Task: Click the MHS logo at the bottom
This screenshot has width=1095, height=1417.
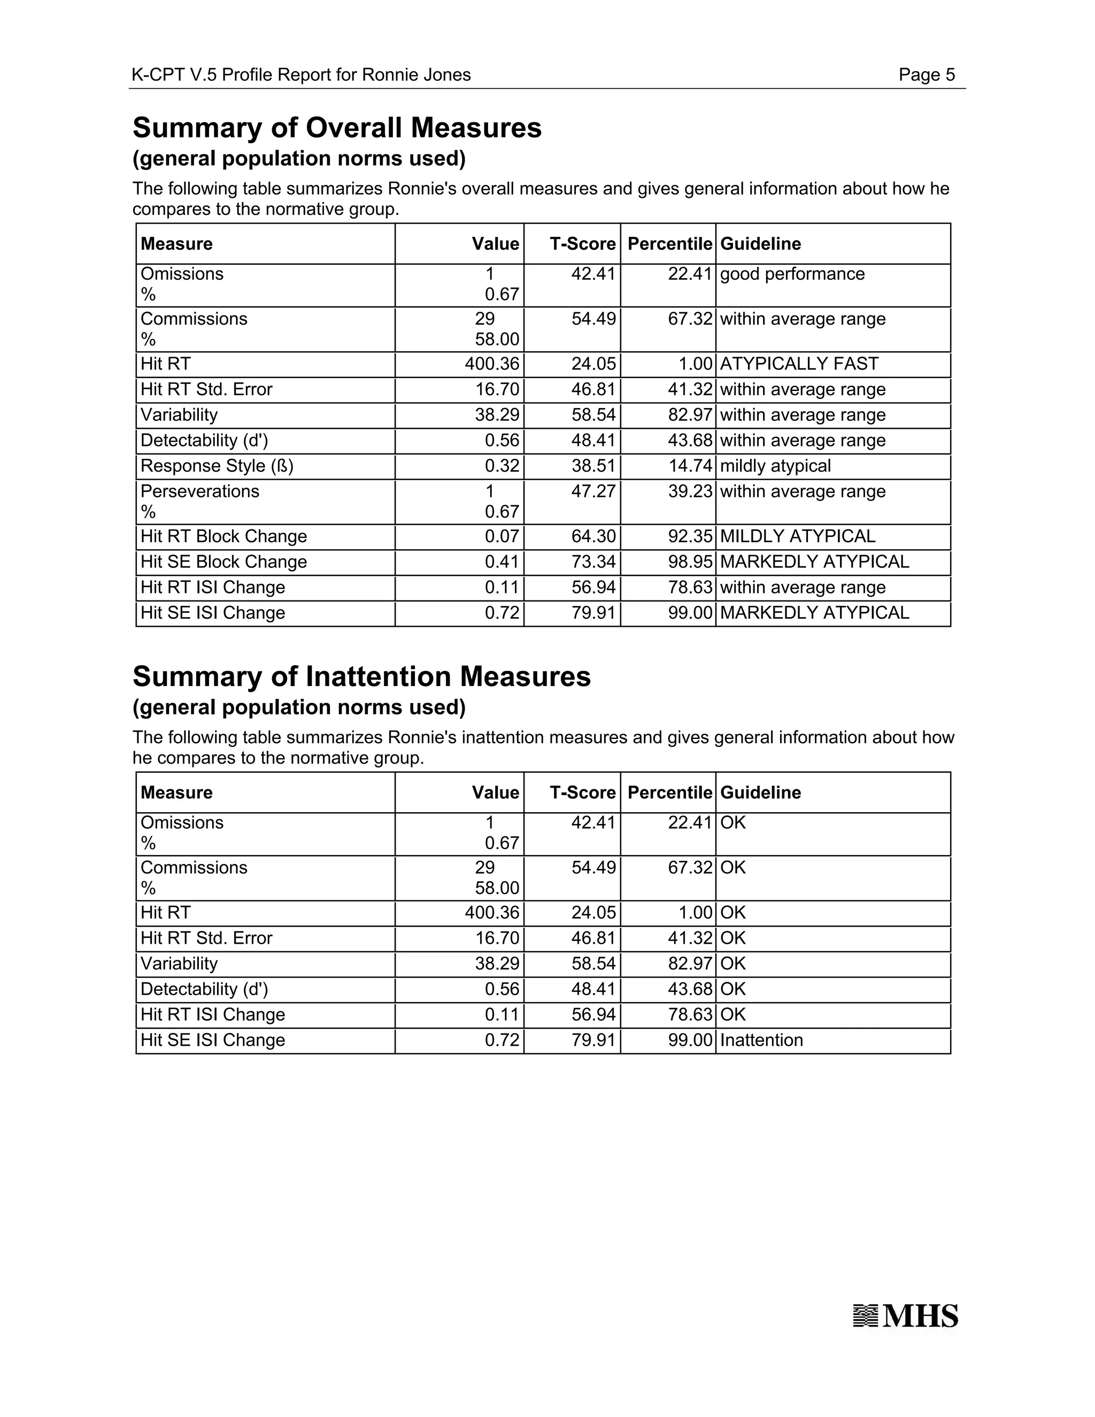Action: pos(905,1316)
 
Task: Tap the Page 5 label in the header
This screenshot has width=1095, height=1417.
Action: pos(927,75)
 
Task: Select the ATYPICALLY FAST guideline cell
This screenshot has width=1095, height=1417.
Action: pos(799,364)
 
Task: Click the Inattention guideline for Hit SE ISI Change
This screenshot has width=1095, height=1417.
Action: pos(761,1040)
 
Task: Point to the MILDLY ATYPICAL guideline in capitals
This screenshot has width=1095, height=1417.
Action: pos(797,536)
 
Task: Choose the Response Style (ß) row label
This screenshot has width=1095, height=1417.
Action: pos(217,466)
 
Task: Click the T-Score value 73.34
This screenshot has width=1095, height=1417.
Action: pos(593,562)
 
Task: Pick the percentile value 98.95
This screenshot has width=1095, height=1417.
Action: pos(690,562)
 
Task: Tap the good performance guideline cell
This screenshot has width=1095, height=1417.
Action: pos(792,274)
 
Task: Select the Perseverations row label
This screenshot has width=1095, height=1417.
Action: pos(200,492)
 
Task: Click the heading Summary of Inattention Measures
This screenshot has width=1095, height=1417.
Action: pos(361,677)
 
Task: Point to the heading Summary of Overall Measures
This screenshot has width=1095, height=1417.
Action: pos(337,128)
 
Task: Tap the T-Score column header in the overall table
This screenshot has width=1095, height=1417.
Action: pos(582,244)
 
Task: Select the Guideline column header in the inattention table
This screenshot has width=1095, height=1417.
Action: pos(760,793)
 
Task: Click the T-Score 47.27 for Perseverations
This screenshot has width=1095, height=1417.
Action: pos(593,492)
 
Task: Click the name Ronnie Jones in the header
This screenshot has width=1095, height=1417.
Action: pos(416,75)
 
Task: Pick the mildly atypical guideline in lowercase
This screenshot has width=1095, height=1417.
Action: pos(775,466)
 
